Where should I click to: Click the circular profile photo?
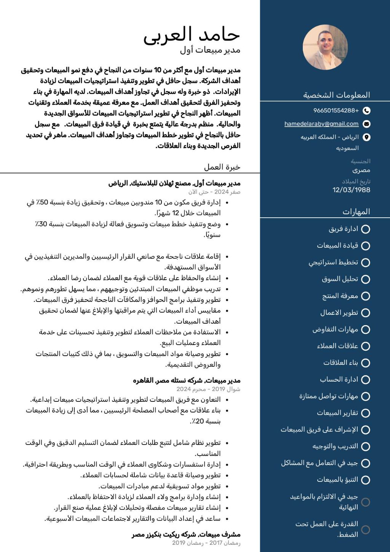pos(325,48)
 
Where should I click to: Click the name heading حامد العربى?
pos(192,35)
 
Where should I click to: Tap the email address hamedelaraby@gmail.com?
pos(321,124)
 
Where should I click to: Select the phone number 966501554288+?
pos(336,111)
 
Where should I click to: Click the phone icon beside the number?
pos(366,111)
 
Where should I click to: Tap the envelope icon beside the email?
pos(366,124)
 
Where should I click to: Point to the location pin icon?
pos(366,137)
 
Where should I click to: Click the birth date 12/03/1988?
pos(351,190)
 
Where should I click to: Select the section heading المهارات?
pos(356,212)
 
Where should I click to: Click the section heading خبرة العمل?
pos(222,167)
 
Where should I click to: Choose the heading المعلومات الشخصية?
pos(336,95)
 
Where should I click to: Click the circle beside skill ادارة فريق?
pos(366,229)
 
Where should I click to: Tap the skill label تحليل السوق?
pos(340,279)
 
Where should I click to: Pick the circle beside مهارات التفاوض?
pos(366,329)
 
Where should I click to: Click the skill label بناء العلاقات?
pos(340,363)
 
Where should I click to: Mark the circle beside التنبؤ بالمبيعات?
pos(366,480)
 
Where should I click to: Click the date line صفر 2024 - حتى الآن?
pos(214,192)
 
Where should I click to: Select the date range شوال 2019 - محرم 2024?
pos(208,389)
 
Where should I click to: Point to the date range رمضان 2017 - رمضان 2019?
pos(206,543)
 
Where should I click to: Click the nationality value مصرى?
pos(361,170)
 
